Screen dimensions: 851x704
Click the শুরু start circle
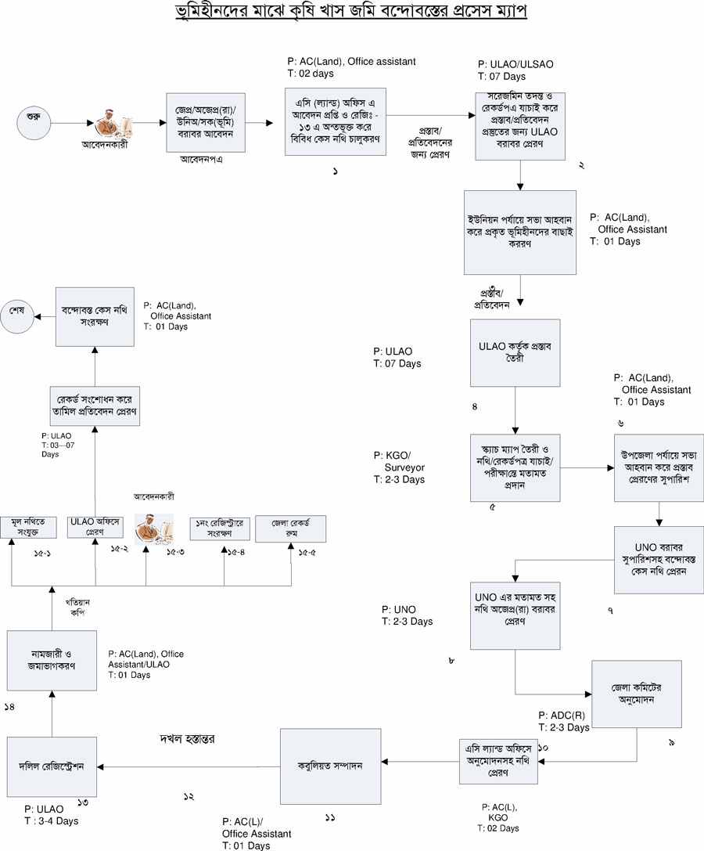[34, 123]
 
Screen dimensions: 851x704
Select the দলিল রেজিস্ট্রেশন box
[52, 766]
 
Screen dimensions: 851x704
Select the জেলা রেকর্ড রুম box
[290, 528]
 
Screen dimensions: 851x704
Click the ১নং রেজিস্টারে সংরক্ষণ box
[220, 528]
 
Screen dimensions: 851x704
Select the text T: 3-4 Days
[51, 820]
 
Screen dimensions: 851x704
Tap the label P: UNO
[398, 609]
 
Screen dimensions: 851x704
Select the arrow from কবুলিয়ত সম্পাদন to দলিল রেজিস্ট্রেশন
[188, 766]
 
